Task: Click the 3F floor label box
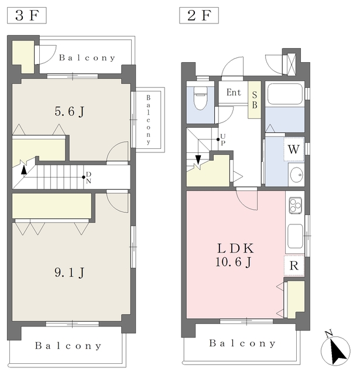[x=27, y=16]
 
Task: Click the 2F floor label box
[x=199, y=16]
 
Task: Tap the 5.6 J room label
[x=70, y=111]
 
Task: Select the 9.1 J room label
[x=70, y=272]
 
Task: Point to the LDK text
[x=235, y=248]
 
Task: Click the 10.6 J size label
[x=234, y=262]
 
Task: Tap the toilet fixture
[x=200, y=98]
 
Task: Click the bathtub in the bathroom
[x=284, y=94]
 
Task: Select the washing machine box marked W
[x=294, y=149]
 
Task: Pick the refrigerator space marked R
[x=294, y=265]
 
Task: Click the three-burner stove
[x=295, y=205]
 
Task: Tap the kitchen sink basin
[x=295, y=236]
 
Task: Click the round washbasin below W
[x=296, y=175]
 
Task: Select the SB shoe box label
[x=255, y=100]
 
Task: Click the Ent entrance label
[x=234, y=93]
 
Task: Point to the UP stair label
[x=223, y=139]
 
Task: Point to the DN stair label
[x=88, y=178]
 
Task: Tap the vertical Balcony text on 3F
[x=148, y=120]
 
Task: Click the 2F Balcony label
[x=242, y=343]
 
